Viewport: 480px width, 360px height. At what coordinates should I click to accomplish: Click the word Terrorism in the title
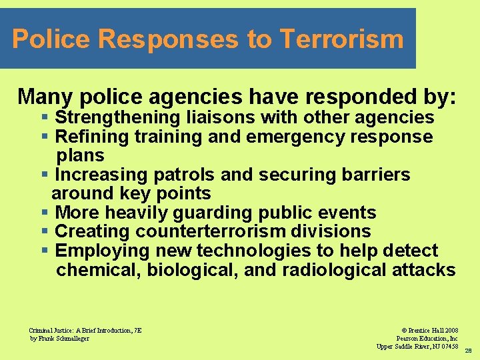point(342,39)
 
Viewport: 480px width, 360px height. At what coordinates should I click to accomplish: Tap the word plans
point(81,156)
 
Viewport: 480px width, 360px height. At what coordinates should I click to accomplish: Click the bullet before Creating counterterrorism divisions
point(45,232)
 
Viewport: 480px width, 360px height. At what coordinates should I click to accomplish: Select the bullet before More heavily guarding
point(45,213)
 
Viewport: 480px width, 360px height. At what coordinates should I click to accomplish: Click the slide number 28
point(468,350)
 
